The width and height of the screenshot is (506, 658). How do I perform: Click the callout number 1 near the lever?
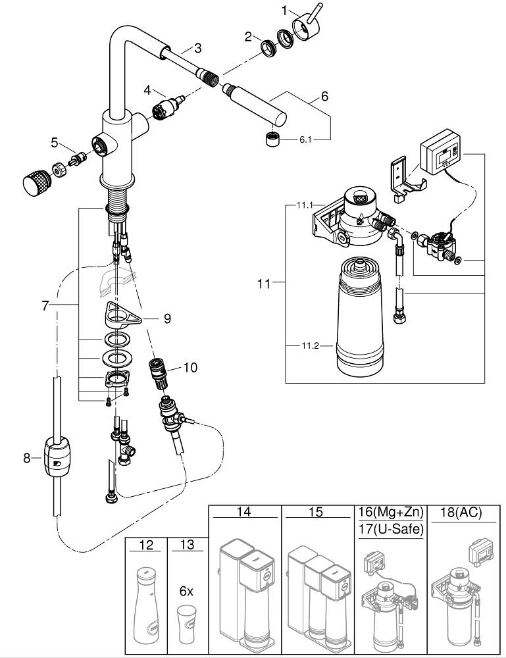285,11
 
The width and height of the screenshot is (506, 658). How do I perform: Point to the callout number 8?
27,458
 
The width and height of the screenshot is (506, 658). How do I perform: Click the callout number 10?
190,368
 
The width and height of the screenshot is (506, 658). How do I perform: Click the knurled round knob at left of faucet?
38,182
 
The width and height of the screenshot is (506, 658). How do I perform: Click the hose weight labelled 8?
56,456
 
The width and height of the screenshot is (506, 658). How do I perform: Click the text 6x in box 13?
186,591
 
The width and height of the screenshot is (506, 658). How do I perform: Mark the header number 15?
316,512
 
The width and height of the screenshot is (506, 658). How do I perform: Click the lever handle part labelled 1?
306,25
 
